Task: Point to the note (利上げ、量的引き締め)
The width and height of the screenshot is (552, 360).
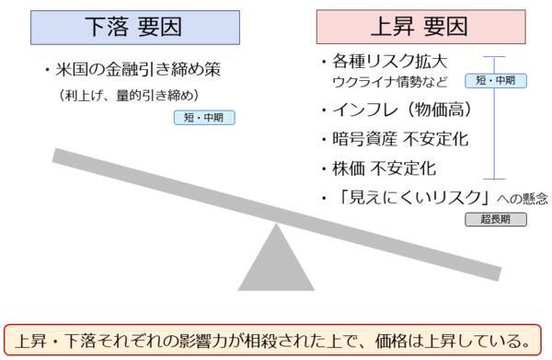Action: click(x=128, y=95)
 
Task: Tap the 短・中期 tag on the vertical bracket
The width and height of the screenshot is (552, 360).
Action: click(x=496, y=80)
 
